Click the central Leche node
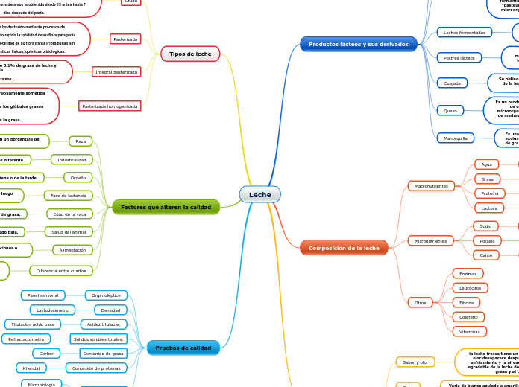pos(259,194)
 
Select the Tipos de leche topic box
pos(189,54)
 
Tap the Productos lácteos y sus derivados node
pos(359,44)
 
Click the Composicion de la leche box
pos(344,248)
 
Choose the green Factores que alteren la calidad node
pos(166,207)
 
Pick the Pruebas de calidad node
pos(183,348)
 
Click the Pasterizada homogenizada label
pos(110,106)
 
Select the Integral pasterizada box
pos(116,72)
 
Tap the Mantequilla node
pos(455,138)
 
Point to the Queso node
pos(450,110)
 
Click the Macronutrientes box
pos(430,185)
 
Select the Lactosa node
pos(488,208)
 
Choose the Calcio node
pos(486,255)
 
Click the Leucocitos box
pos(470,288)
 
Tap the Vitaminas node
pos(469,331)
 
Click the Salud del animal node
pos(69,232)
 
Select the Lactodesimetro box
pos(52,310)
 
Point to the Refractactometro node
pos(28,339)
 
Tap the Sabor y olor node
pos(415,362)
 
